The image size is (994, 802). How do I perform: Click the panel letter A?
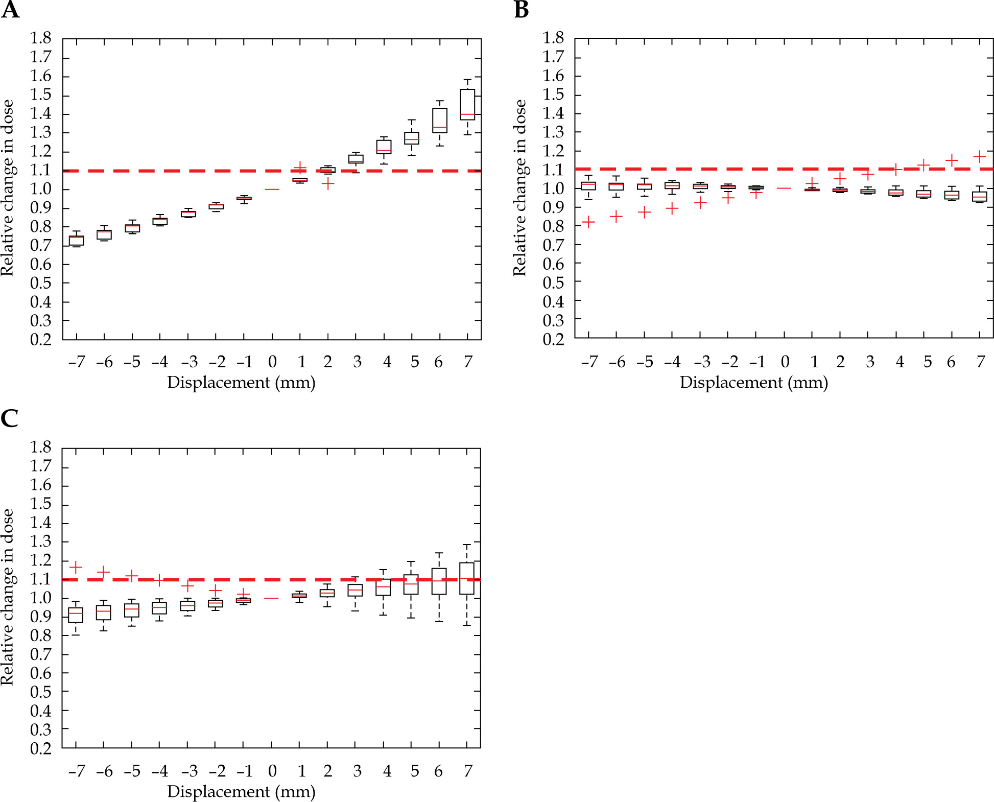10,10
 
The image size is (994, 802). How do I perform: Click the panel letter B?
521,10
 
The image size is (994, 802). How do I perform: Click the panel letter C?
9,418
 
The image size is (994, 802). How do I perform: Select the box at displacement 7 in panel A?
467,105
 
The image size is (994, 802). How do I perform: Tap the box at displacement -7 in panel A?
77,241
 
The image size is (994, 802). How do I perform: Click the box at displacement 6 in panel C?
439,581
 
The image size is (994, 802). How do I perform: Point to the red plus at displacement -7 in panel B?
588,222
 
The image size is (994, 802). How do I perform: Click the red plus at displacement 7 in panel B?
979,156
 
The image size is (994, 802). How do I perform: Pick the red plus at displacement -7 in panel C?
76,567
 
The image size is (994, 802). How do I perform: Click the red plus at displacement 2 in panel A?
328,183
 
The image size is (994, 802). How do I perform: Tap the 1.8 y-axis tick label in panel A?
41,38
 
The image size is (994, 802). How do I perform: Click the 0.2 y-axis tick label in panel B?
553,339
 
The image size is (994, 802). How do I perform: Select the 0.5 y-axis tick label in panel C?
41,692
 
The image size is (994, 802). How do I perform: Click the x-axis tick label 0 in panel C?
272,771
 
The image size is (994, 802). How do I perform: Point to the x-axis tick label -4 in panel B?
672,362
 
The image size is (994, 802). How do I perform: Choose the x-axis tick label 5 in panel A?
415,362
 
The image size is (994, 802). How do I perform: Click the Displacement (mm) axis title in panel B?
753,383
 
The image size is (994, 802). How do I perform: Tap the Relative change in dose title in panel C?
8,597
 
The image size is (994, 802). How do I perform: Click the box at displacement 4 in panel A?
384,147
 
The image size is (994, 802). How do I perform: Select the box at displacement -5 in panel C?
132,610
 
